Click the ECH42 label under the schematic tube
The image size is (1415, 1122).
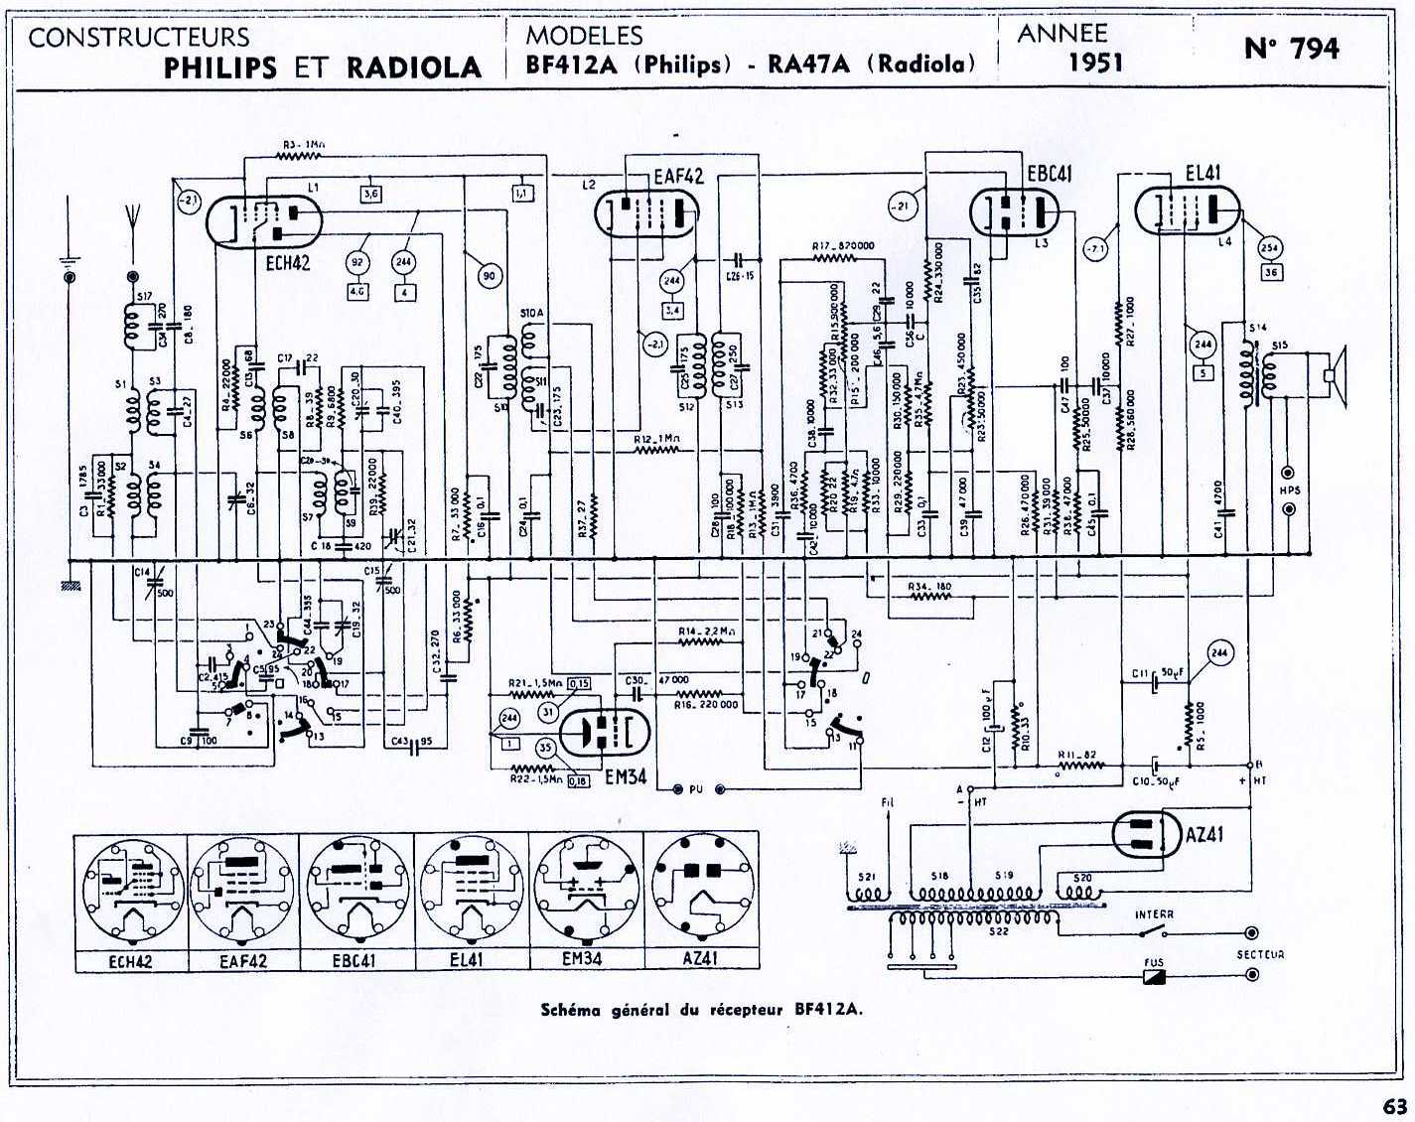(287, 263)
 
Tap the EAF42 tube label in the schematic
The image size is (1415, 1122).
(678, 177)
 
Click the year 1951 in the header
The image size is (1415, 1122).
(1095, 63)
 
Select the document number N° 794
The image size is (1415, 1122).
(1291, 48)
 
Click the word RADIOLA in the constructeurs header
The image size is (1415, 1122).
(413, 68)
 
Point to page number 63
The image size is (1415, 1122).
(1393, 1106)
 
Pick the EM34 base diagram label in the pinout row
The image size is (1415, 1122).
(587, 960)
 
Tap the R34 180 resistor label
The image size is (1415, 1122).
(929, 587)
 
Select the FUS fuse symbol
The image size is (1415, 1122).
(1154, 976)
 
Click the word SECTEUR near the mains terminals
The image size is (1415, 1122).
(1260, 954)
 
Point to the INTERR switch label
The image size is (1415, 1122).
(1154, 914)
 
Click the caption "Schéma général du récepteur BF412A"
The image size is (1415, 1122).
(701, 1010)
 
